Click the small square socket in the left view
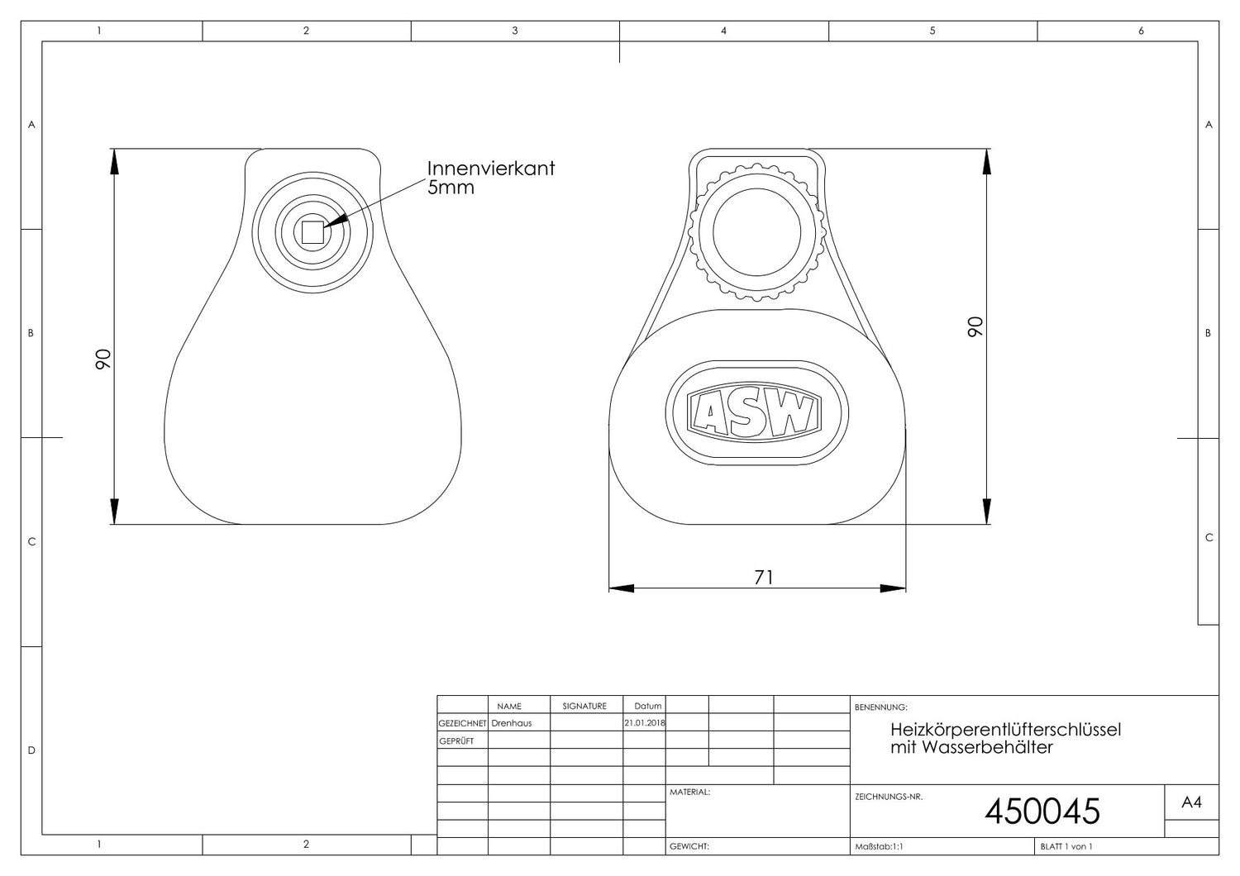tap(312, 232)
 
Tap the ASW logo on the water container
tap(754, 413)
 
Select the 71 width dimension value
tap(763, 577)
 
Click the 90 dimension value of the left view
tap(103, 359)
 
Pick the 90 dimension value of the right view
tap(975, 326)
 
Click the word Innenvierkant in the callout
tap(490, 169)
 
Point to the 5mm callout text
tap(451, 188)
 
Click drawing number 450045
tap(1042, 812)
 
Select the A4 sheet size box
tap(1191, 802)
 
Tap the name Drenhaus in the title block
tap(512, 723)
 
